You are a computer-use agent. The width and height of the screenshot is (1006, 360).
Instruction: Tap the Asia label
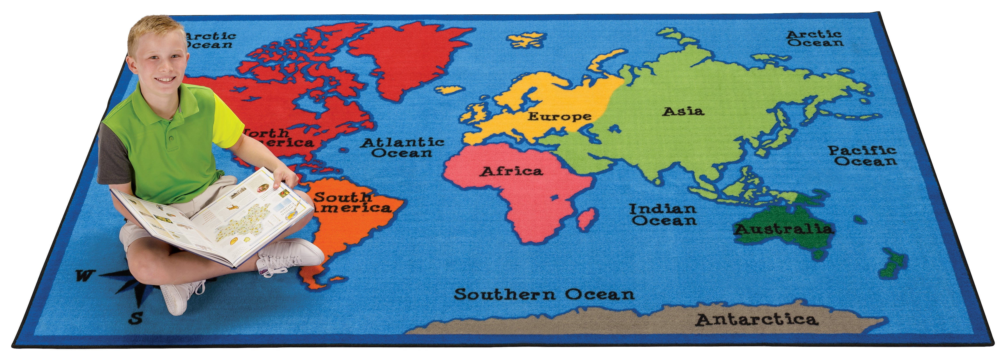coord(683,112)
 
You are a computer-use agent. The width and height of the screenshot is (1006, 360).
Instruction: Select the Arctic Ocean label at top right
coord(815,39)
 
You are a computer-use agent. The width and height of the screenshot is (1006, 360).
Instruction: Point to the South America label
coord(351,202)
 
